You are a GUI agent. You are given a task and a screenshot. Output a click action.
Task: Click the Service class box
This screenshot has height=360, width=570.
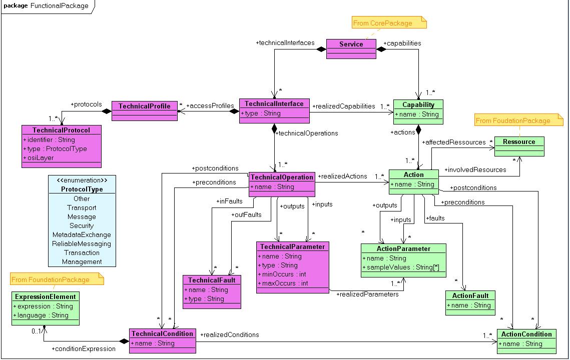coord(351,48)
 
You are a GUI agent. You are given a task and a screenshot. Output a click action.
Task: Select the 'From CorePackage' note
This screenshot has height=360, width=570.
coord(389,22)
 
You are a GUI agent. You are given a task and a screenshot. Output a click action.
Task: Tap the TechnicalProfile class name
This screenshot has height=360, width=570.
coord(144,106)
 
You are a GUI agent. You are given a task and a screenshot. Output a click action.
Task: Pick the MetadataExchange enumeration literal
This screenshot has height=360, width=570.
coord(82,234)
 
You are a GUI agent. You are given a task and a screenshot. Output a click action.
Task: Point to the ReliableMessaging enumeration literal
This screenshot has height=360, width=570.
coord(82,244)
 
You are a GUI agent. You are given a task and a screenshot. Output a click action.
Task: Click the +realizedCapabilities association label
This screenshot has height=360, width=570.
coord(343,106)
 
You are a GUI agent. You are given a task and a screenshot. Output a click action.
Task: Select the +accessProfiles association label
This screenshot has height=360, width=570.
coord(210,105)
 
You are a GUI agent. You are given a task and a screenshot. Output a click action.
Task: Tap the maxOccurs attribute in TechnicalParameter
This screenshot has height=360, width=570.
coord(283,283)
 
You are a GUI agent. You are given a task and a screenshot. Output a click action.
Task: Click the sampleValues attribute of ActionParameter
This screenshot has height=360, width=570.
coord(401,267)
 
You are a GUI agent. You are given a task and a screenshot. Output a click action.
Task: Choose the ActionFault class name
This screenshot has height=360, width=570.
coord(470,295)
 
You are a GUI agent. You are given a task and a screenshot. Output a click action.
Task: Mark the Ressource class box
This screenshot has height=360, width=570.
coord(519,146)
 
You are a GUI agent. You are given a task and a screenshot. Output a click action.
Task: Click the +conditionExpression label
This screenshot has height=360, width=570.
coord(83,348)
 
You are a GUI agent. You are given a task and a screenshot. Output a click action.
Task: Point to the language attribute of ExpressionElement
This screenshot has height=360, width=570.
coord(41,315)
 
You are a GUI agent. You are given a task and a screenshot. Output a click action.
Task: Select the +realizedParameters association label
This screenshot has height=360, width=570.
coord(367,294)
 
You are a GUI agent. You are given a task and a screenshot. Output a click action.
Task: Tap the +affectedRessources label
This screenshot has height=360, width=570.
coord(454,142)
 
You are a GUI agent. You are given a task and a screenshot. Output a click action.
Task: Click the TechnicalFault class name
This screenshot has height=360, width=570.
coord(212,280)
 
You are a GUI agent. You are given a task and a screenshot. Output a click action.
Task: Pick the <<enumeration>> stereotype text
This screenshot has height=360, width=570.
coord(82,180)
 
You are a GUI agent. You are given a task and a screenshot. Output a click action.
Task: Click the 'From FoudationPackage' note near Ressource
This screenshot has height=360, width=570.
coord(518,120)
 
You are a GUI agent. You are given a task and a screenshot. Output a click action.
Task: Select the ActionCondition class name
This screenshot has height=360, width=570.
coord(526,334)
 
